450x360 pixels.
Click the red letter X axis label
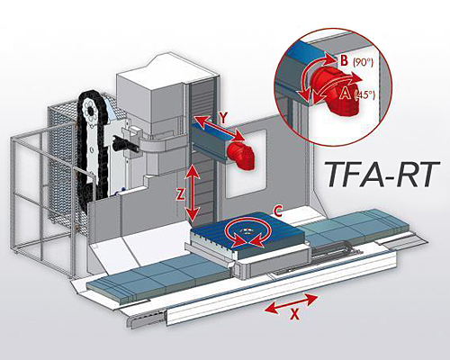click(295, 314)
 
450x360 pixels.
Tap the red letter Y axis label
click(223, 119)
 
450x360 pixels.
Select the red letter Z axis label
click(180, 195)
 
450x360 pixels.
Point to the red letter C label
click(277, 211)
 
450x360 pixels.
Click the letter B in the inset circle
click(344, 60)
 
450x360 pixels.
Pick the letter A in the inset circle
click(345, 94)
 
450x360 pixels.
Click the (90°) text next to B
click(363, 62)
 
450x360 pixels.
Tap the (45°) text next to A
click(365, 95)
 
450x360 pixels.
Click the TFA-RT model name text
click(382, 175)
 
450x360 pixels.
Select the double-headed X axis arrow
click(291, 303)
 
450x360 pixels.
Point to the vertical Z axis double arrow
click(192, 193)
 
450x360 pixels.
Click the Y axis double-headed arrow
click(219, 128)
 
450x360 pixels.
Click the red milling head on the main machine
click(240, 156)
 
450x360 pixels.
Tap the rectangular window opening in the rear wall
click(246, 164)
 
